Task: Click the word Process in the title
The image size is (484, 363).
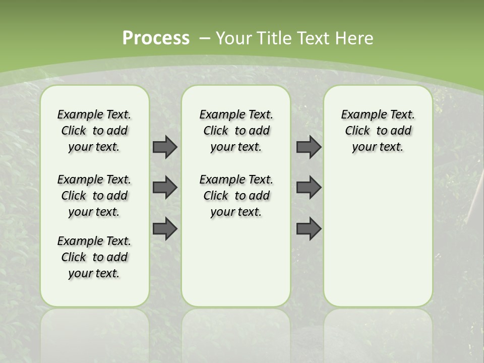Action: point(156,38)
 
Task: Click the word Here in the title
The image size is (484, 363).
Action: point(355,38)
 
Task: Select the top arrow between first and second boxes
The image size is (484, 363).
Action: point(165,147)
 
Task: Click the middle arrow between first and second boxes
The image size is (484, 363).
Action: point(165,188)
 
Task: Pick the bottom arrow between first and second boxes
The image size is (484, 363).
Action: point(165,229)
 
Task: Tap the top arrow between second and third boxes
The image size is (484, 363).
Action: point(309,147)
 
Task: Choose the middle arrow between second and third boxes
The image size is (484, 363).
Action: point(309,188)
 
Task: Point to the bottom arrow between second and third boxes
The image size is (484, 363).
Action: point(309,229)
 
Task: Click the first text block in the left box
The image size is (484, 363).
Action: point(94,131)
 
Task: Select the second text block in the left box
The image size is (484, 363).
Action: point(94,196)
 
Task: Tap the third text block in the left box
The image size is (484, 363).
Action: point(94,257)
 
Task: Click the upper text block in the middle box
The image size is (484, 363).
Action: point(236,131)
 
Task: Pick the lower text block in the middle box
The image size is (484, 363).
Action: point(236,196)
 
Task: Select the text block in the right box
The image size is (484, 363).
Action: point(378,131)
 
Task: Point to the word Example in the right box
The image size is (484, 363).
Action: point(359,115)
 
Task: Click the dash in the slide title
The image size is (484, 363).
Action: point(205,38)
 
